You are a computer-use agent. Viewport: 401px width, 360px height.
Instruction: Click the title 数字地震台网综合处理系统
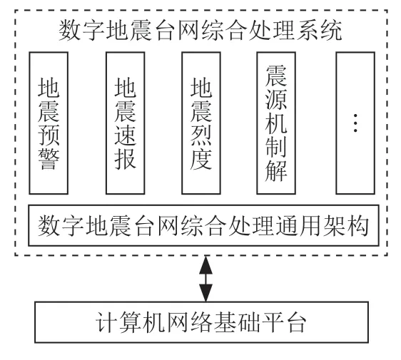click(x=200, y=31)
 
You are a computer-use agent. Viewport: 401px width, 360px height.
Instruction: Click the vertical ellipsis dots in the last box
click(x=355, y=123)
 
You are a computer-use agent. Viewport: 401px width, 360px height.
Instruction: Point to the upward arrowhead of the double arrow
click(x=206, y=265)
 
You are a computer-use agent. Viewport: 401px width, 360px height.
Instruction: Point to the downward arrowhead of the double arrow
click(x=206, y=293)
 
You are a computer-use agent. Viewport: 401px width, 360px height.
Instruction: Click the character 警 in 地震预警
click(x=49, y=160)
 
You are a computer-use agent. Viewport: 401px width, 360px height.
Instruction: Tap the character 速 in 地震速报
click(x=126, y=135)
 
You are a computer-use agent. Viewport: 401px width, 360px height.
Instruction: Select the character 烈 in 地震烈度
click(x=201, y=135)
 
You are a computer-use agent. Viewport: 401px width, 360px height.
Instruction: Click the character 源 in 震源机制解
click(x=276, y=99)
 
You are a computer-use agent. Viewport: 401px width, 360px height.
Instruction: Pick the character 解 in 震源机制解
click(x=276, y=171)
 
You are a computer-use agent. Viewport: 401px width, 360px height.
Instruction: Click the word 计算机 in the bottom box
click(x=130, y=322)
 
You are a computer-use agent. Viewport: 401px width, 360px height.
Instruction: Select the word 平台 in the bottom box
click(x=283, y=322)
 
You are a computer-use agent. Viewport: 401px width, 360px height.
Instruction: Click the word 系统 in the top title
click(x=319, y=31)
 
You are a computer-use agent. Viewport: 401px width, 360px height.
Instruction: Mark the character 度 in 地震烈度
click(x=201, y=160)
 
